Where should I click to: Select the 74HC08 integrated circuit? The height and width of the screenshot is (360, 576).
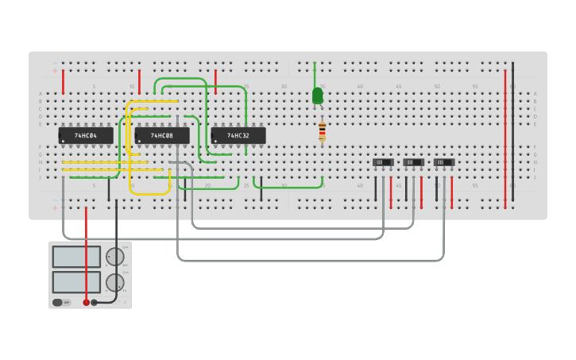[161, 136]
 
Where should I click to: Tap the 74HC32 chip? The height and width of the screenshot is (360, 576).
[238, 136]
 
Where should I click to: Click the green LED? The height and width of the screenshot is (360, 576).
[318, 96]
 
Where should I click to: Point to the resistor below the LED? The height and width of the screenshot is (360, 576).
[322, 132]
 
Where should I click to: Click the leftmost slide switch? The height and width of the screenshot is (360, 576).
[383, 162]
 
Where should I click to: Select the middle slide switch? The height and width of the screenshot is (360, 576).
[413, 162]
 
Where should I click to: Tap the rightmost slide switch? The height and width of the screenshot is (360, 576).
[444, 162]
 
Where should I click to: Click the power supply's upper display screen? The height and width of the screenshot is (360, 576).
[76, 257]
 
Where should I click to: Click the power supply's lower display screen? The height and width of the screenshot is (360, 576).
[76, 282]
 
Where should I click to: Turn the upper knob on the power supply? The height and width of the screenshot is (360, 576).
[115, 256]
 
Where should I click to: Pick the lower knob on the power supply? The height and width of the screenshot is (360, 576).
[115, 282]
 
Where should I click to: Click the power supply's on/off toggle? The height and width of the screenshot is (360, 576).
[61, 302]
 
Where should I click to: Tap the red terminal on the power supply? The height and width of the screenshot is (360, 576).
[87, 302]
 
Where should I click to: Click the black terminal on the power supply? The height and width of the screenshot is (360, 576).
[95, 302]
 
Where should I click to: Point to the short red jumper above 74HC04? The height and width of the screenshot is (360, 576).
[63, 81]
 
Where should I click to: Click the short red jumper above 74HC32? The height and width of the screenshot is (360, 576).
[215, 81]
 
